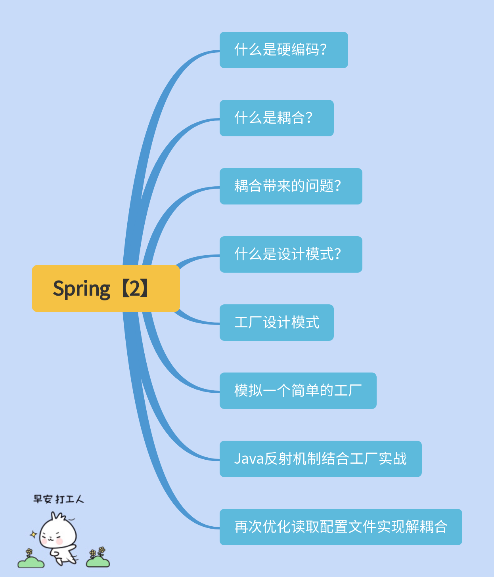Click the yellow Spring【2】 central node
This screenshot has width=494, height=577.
[105, 288]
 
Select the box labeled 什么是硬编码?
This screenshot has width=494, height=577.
[283, 50]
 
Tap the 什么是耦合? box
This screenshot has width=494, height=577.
[276, 118]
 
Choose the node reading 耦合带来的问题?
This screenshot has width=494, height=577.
[291, 186]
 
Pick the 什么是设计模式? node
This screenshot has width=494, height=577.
[291, 254]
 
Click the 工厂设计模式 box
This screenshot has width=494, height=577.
[276, 323]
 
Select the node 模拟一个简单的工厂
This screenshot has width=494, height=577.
[298, 391]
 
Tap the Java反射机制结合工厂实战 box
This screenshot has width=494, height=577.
[320, 459]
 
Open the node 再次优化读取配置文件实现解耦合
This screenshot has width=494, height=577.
[341, 527]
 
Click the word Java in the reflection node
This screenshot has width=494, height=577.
[249, 459]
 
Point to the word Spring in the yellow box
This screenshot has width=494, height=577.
[82, 289]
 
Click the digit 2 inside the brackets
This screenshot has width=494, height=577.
[135, 288]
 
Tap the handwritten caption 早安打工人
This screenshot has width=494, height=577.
[59, 499]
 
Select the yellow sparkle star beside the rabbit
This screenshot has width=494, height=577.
[34, 535]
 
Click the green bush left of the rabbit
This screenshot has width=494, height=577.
[31, 562]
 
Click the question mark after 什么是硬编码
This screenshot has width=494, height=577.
[324, 50]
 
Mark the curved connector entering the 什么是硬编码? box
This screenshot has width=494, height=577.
[198, 55]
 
